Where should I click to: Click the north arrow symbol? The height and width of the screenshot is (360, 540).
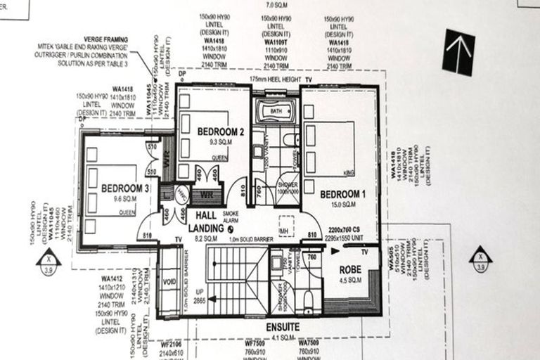pyautogui.click(x=458, y=51)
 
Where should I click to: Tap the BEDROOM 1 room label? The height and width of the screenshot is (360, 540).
pyautogui.click(x=343, y=193)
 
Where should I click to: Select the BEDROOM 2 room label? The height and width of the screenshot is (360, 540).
pyautogui.click(x=221, y=131)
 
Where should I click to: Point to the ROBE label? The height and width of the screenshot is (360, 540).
pyautogui.click(x=350, y=269)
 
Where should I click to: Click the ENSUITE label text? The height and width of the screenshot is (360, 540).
pyautogui.click(x=283, y=327)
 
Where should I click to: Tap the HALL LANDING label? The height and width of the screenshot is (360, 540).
pyautogui.click(x=206, y=224)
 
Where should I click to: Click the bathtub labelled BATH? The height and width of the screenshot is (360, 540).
pyautogui.click(x=276, y=111)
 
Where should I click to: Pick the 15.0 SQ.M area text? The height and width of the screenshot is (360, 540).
pyautogui.click(x=342, y=205)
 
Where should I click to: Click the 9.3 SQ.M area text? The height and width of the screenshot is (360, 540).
pyautogui.click(x=220, y=142)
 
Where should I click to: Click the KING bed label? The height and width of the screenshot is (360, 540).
pyautogui.click(x=349, y=172)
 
